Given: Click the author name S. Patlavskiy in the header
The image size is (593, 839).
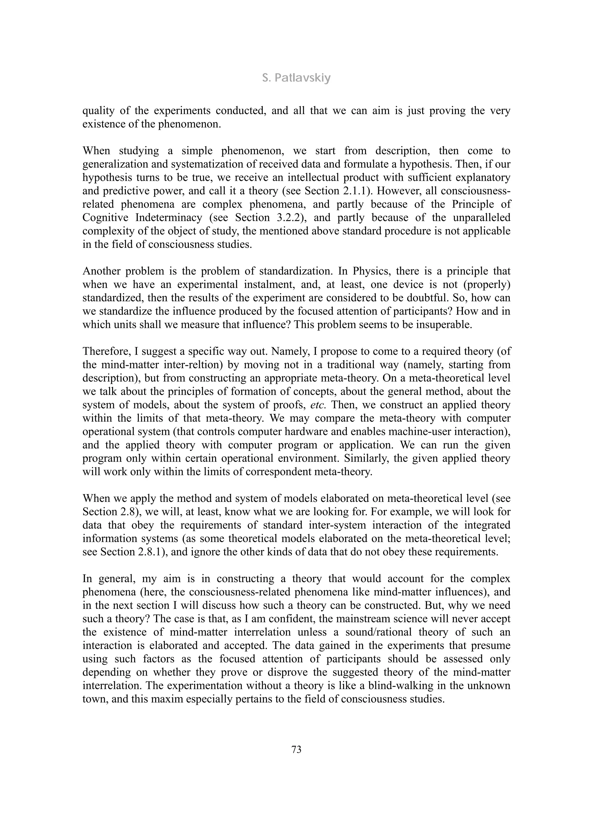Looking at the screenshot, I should tap(296, 78).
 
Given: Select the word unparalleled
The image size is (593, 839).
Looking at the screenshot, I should tap(482, 217).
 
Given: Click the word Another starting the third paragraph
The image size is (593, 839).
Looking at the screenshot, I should tap(101, 271).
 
